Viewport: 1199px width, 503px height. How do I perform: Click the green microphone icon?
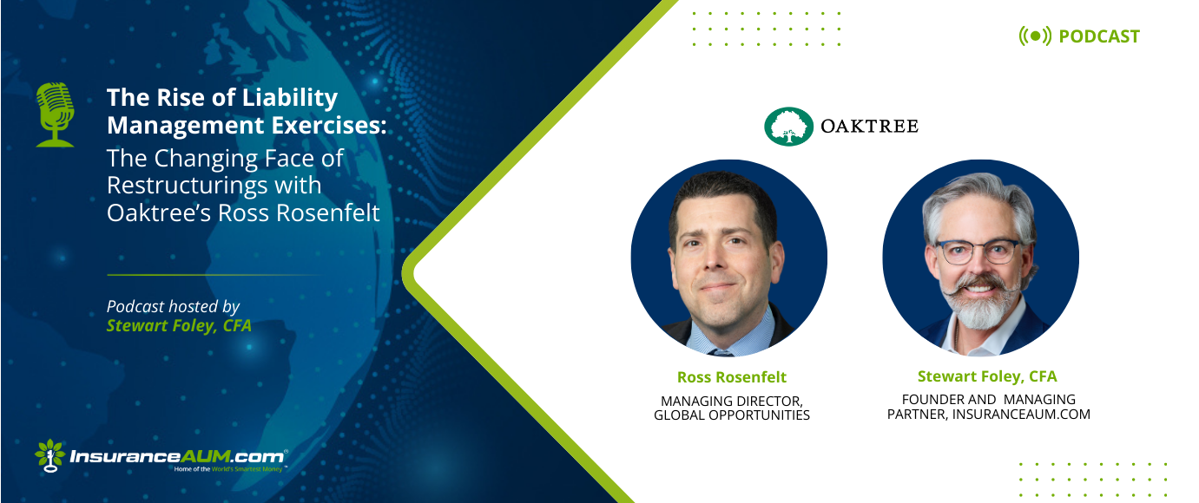pos(55,114)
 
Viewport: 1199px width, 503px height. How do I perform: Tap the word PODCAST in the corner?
pos(1099,36)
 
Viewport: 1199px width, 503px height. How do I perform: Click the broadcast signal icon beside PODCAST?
pos(1035,36)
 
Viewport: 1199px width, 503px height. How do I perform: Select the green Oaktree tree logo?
pos(788,127)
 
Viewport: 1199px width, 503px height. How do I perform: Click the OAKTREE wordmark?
pos(869,126)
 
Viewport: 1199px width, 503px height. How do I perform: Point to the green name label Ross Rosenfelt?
pos(732,377)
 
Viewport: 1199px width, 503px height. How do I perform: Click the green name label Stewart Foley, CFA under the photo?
pos(987,376)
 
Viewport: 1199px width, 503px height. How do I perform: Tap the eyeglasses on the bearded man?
pos(978,251)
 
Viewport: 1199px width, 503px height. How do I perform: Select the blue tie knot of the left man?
pos(721,352)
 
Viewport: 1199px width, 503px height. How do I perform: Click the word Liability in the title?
pos(290,98)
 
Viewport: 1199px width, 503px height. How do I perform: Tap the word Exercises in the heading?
pos(329,125)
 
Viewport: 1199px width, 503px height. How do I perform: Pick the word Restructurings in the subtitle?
pos(214,186)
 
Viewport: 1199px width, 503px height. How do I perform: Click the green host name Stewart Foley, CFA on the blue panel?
pos(179,325)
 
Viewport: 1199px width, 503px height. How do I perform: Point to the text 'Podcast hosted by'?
pos(173,306)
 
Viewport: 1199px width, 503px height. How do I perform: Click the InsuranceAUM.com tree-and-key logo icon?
pos(49,456)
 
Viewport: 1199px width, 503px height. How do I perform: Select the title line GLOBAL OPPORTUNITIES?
pos(732,415)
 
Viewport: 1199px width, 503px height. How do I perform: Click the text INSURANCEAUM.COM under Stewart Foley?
pos(1021,415)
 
